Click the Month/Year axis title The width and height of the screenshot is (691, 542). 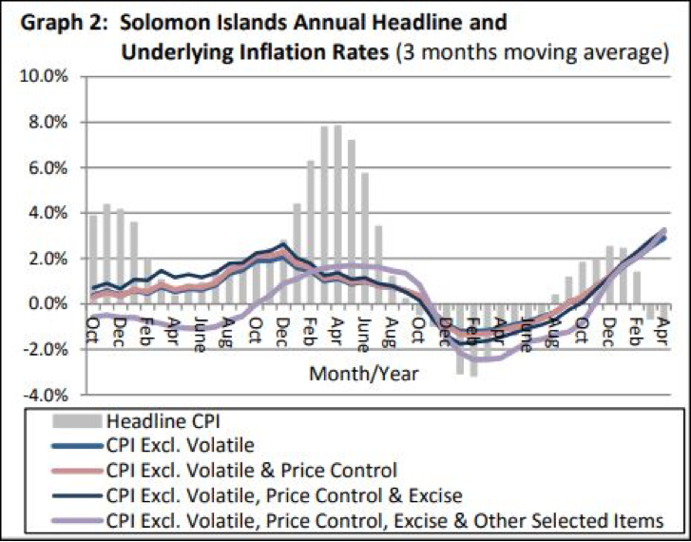(364, 374)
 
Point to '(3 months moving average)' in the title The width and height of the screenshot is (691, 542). (533, 53)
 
